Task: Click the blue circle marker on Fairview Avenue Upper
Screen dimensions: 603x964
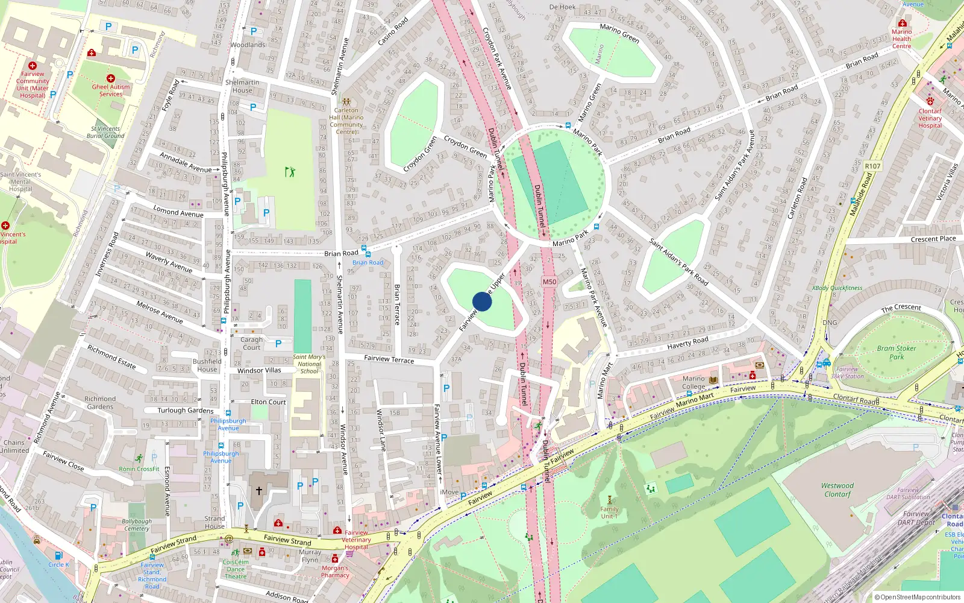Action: pyautogui.click(x=482, y=301)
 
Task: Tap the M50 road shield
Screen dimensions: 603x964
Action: pyautogui.click(x=549, y=282)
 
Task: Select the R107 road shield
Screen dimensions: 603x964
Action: pyautogui.click(x=872, y=166)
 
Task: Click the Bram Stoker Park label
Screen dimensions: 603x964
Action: pyautogui.click(x=897, y=352)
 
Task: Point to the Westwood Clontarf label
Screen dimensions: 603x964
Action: pyautogui.click(x=837, y=490)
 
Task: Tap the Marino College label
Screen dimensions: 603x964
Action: pyautogui.click(x=693, y=383)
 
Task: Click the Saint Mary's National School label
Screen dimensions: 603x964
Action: pyautogui.click(x=309, y=364)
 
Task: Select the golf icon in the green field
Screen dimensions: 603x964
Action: pyautogui.click(x=290, y=172)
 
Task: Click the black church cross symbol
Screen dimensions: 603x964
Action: pyautogui.click(x=259, y=491)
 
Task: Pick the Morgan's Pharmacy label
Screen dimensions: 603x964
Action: pyautogui.click(x=335, y=572)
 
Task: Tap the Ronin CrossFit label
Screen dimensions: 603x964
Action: pyautogui.click(x=139, y=469)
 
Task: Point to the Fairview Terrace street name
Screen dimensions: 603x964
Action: pyautogui.click(x=389, y=359)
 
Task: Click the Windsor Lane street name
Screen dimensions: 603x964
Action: pyautogui.click(x=381, y=431)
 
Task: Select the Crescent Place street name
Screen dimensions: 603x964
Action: pyautogui.click(x=933, y=239)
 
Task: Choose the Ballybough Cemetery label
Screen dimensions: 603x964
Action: pyautogui.click(x=137, y=525)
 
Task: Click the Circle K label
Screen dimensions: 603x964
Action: pyautogui.click(x=59, y=564)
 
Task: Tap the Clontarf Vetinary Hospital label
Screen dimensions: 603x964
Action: pyautogui.click(x=930, y=118)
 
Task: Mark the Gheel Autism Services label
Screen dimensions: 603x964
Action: pyautogui.click(x=111, y=90)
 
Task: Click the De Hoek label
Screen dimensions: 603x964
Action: pyautogui.click(x=562, y=7)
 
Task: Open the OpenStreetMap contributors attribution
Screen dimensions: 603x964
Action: pyautogui.click(x=920, y=597)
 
